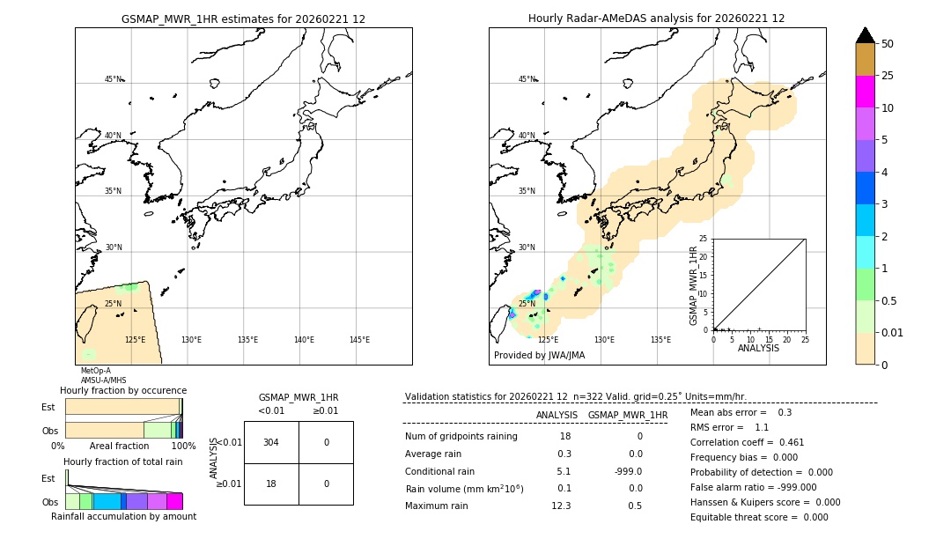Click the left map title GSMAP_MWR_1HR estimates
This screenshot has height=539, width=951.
243,18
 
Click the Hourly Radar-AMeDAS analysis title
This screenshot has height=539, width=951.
656,18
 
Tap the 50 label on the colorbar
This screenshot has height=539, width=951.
888,44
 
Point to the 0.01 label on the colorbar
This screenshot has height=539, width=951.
893,332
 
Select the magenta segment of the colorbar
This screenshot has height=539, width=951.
866,92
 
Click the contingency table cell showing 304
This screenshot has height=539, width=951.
271,442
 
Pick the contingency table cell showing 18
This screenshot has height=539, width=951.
271,484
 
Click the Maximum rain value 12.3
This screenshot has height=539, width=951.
561,506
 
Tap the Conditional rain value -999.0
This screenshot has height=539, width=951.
628,471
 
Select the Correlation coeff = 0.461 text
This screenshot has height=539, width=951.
748,442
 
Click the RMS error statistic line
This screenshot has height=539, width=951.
730,427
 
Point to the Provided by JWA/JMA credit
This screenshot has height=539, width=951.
539,356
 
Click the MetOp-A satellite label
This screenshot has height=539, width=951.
96,371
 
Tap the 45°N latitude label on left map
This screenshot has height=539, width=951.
114,79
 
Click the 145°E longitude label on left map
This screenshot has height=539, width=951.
359,340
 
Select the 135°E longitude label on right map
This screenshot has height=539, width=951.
660,340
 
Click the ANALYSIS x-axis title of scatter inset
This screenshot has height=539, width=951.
758,348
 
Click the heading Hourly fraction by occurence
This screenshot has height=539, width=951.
123,390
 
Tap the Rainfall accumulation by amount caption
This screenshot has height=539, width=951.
123,516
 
